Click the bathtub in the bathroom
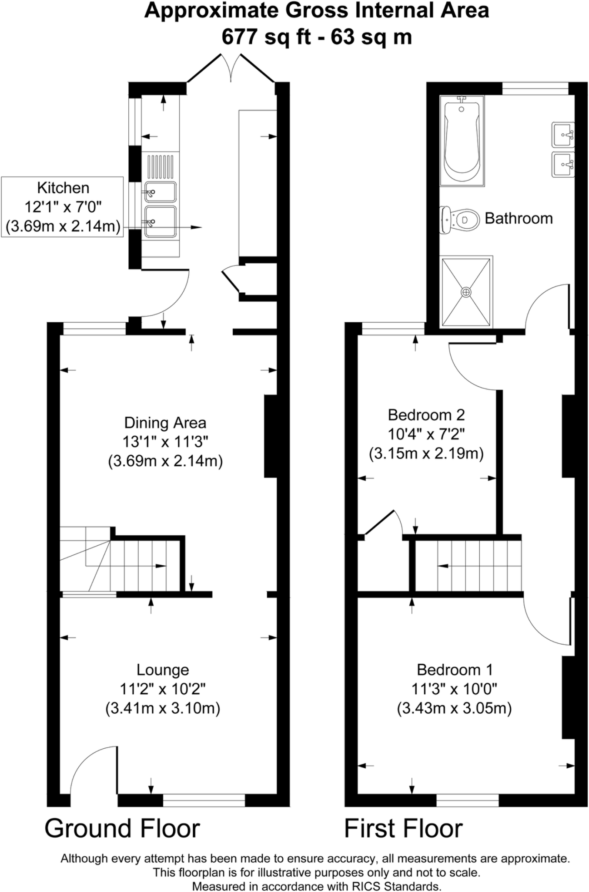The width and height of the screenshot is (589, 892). (462, 141)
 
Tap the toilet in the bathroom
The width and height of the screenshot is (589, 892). (457, 220)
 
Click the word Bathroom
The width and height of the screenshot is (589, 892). (519, 218)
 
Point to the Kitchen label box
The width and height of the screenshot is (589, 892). (63, 207)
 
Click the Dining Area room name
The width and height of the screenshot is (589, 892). (165, 422)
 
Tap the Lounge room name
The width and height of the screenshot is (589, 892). (163, 670)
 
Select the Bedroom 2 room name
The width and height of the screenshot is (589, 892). (426, 415)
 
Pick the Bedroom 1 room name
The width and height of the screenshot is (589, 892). (455, 669)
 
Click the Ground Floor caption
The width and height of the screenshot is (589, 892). (122, 828)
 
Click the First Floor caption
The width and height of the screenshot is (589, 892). (403, 828)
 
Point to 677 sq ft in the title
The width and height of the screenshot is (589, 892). (266, 37)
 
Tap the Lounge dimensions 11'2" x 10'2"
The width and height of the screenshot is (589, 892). (163, 689)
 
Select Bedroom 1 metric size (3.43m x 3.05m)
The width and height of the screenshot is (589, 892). (454, 708)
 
